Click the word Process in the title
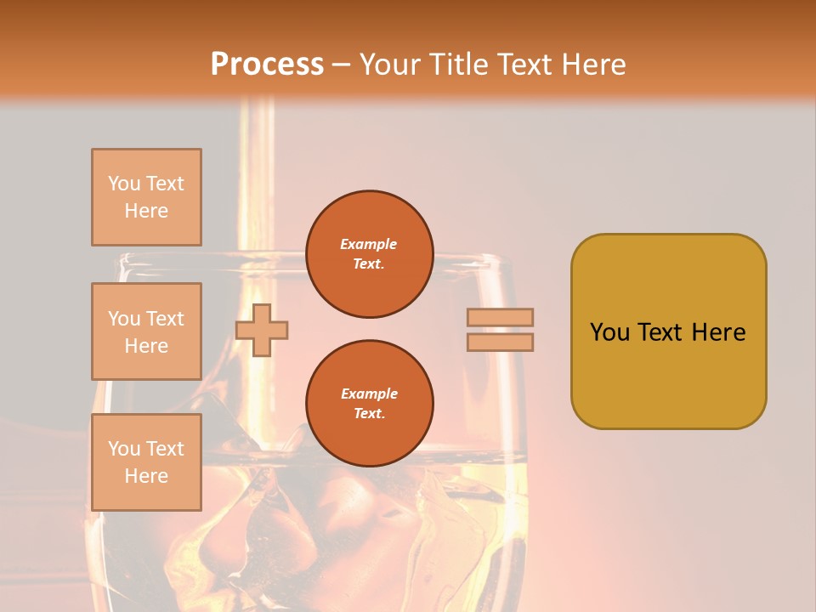coord(267,65)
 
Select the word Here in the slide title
coord(593,64)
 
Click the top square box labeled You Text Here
coord(146,196)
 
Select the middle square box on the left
coord(146,331)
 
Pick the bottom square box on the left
coord(146,462)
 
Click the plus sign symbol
coord(262,330)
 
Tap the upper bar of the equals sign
coord(500,317)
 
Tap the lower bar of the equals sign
coord(500,342)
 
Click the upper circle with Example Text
coord(370,254)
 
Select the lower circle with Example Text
coord(370,403)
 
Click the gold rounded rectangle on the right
coord(669,331)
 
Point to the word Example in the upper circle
coord(368,244)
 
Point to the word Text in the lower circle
coord(370,413)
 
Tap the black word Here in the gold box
coord(718,332)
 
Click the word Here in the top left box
coord(146,211)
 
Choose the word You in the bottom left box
coord(123,449)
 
